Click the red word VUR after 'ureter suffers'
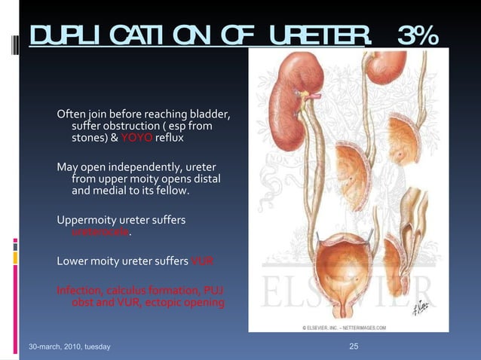(202, 261)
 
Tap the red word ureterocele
(100, 233)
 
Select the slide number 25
(354, 346)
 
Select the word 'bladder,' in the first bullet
(210, 114)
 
